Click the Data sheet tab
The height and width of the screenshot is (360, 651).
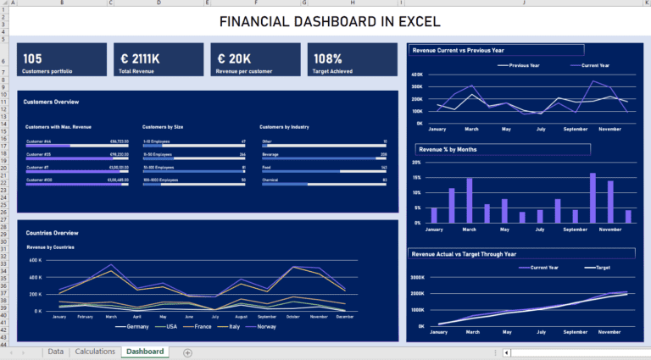coord(55,351)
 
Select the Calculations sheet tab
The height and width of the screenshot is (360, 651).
coord(94,351)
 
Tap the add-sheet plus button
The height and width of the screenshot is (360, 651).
coord(187,352)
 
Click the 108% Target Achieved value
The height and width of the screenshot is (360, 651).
coord(328,58)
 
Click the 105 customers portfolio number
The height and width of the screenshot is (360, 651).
coord(33,58)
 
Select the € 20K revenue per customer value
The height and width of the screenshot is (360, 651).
coord(234,58)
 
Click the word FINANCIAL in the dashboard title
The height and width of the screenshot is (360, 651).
coord(254,21)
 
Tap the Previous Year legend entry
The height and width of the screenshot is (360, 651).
coord(530,65)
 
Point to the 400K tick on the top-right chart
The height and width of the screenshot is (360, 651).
coord(417,75)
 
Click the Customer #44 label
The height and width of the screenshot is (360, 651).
coord(39,141)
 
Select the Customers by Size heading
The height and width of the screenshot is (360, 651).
coord(163,127)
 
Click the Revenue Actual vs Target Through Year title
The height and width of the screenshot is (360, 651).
coord(464,253)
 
